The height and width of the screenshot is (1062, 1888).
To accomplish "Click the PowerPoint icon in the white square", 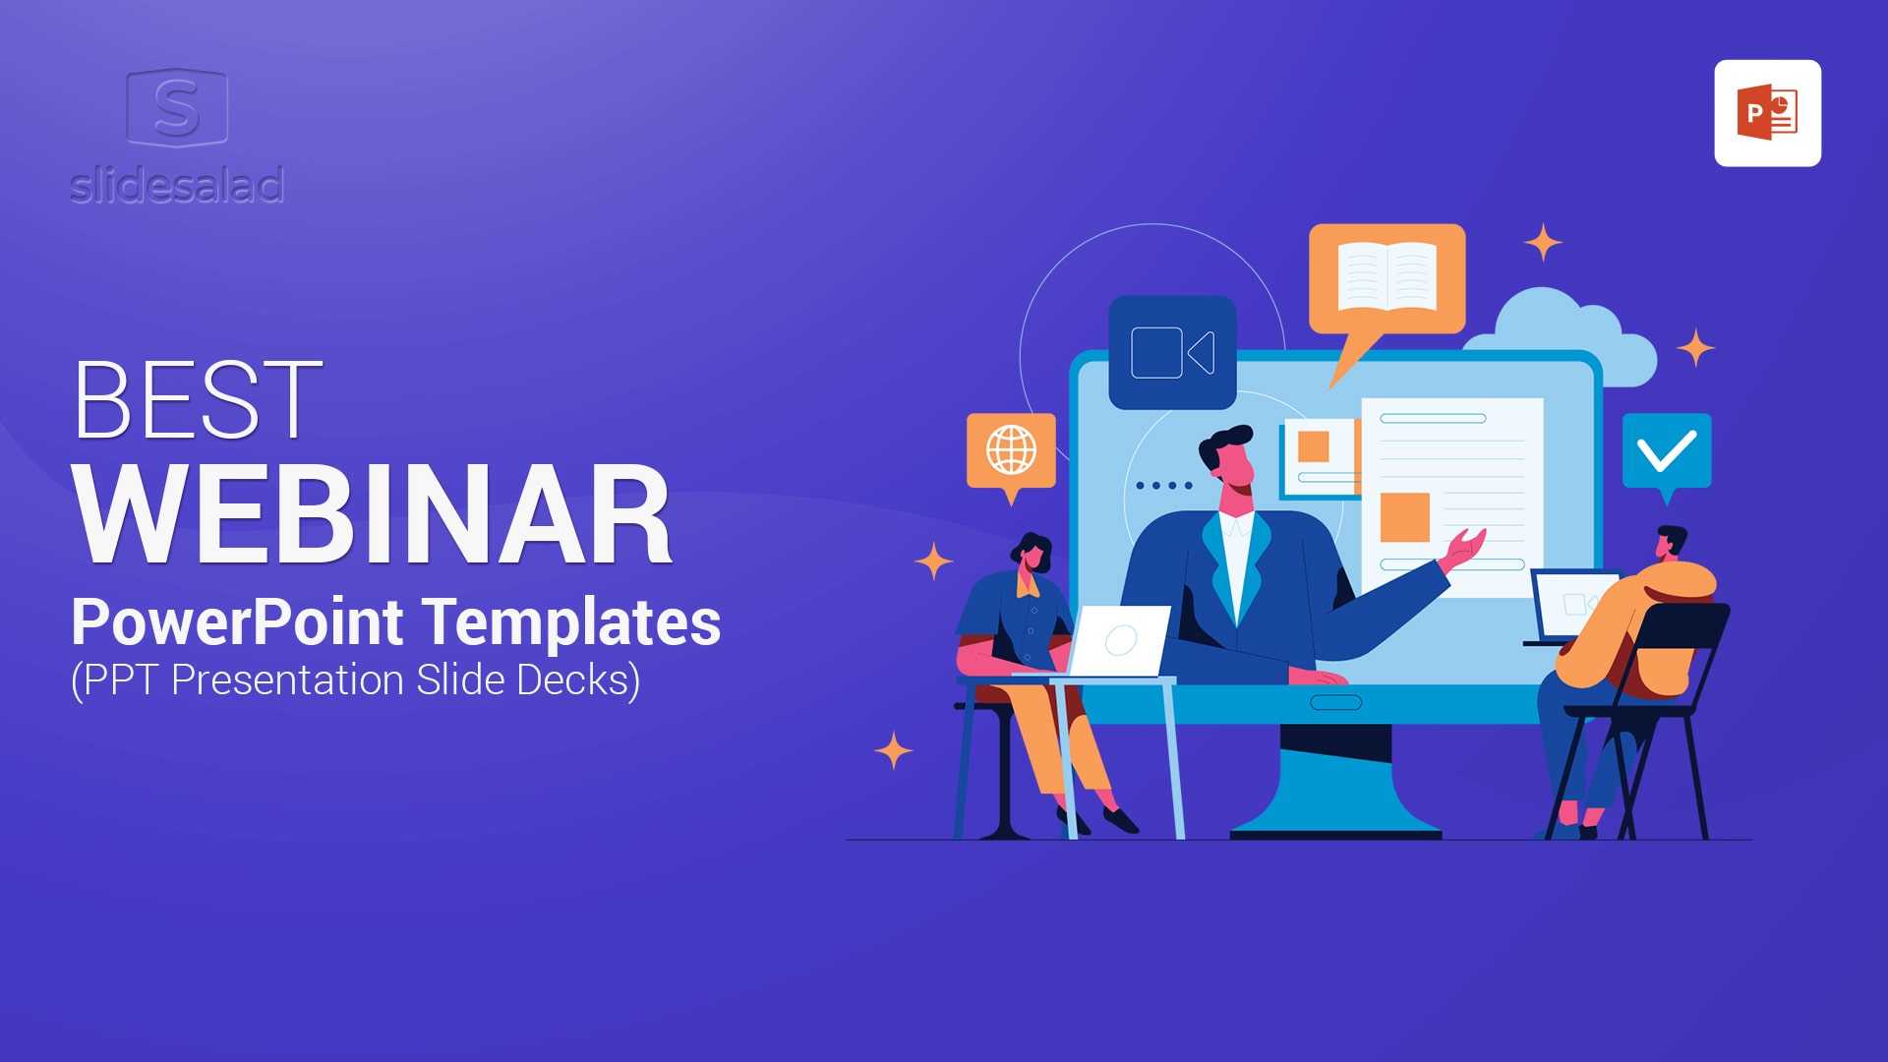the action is [1767, 113].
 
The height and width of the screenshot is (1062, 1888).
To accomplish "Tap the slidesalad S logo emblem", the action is [177, 107].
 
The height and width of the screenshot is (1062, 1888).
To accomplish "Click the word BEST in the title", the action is [198, 399].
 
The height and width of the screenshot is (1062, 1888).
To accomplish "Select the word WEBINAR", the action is [373, 515].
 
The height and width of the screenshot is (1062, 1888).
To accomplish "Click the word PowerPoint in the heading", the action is [237, 622].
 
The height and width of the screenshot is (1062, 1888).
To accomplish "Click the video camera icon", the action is [1172, 352].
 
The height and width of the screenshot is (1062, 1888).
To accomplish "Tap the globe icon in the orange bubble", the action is [1011, 451].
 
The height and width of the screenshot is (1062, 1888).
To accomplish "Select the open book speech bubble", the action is [1386, 285].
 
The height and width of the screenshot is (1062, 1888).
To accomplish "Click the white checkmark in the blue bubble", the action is [1667, 451].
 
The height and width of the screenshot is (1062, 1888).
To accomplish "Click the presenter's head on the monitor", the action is [1227, 460].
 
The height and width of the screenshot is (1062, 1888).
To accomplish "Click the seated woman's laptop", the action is [1119, 641].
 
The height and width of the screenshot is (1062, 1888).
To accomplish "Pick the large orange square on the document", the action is [1405, 517].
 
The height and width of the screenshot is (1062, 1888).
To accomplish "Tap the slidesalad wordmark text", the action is [177, 185].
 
